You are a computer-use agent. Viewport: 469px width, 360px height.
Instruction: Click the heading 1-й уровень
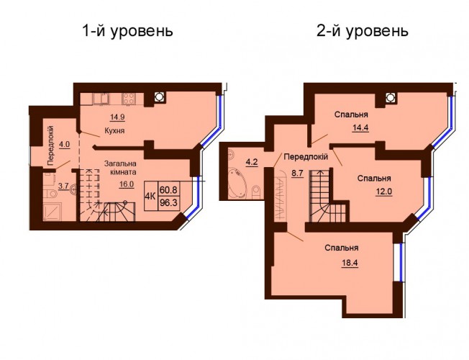pos(127,31)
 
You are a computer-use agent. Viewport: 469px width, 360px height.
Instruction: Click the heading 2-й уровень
pos(363,31)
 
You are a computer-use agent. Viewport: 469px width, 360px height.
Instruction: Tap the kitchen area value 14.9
pos(117,117)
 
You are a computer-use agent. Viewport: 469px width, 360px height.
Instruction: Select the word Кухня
pos(114,131)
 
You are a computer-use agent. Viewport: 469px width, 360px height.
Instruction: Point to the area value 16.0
pos(126,184)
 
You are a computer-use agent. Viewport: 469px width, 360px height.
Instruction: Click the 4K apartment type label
pos(150,196)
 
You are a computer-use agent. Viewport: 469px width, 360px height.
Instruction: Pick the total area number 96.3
pos(168,203)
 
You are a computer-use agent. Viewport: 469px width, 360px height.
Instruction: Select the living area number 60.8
pos(168,189)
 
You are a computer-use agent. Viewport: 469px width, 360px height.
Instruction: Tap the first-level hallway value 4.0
pos(65,144)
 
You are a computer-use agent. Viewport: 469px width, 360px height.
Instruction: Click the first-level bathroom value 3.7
pos(63,186)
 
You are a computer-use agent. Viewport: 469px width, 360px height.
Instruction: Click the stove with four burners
pos(129,99)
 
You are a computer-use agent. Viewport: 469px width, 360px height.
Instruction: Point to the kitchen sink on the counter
pos(101,99)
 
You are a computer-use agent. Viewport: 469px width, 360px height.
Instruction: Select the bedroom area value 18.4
pos(350,263)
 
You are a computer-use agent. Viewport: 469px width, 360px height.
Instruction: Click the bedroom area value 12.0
pos(384,191)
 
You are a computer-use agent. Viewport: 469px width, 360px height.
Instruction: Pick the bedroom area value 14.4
pos(360,128)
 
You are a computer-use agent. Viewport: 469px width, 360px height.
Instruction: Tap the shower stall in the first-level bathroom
pos(53,212)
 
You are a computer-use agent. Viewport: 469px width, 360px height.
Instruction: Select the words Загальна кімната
pos(120,168)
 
